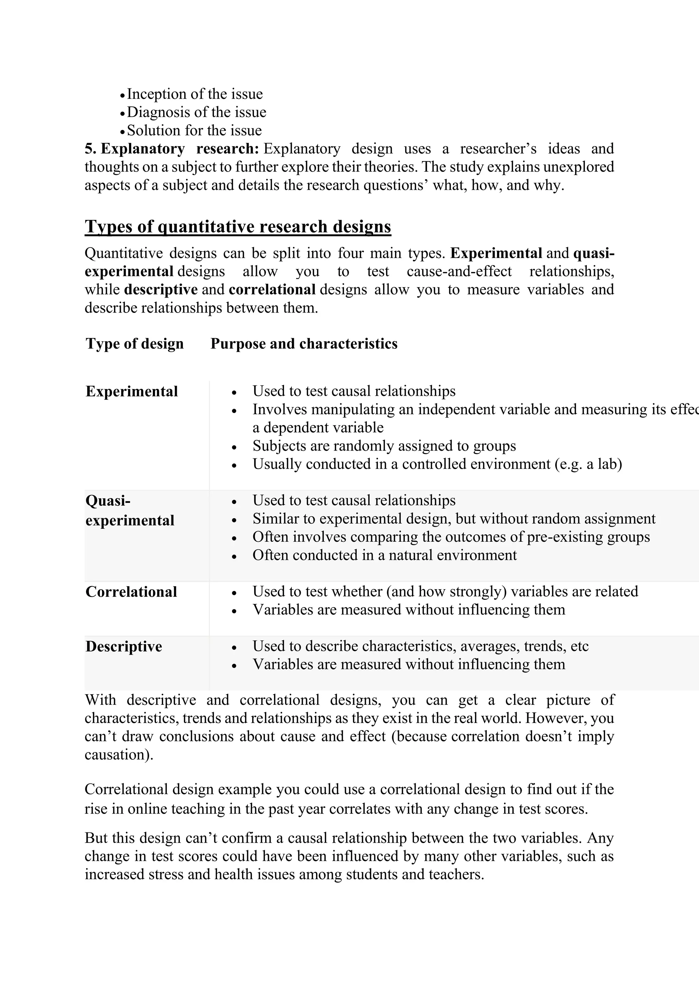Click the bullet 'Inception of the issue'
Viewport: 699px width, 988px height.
(x=195, y=94)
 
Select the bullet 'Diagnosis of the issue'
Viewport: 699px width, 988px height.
(x=196, y=112)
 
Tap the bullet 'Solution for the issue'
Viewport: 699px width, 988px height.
(x=194, y=130)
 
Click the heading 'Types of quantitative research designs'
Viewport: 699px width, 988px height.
(x=238, y=226)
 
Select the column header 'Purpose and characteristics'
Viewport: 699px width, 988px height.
(x=303, y=344)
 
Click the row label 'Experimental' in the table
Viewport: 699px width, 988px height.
(x=131, y=391)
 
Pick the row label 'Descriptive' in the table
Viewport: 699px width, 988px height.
(x=124, y=646)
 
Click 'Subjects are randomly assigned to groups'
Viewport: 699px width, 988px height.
(x=384, y=446)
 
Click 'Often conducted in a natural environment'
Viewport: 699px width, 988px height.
(x=384, y=555)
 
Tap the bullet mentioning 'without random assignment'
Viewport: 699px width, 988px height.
(x=454, y=519)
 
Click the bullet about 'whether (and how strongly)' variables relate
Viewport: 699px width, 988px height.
(x=445, y=591)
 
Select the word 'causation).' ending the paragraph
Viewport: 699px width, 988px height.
(x=119, y=754)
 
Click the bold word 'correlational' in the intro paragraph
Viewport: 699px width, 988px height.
(x=272, y=290)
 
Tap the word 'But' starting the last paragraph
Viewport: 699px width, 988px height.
(x=96, y=838)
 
